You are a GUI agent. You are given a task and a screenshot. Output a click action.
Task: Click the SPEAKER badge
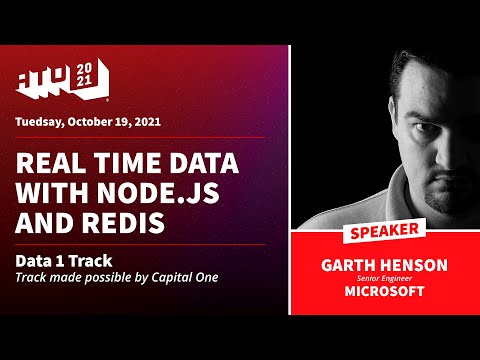383,233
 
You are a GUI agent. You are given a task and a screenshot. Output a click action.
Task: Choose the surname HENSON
414,265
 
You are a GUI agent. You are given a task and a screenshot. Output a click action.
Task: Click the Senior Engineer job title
383,279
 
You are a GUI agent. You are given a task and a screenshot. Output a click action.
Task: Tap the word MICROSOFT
383,293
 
